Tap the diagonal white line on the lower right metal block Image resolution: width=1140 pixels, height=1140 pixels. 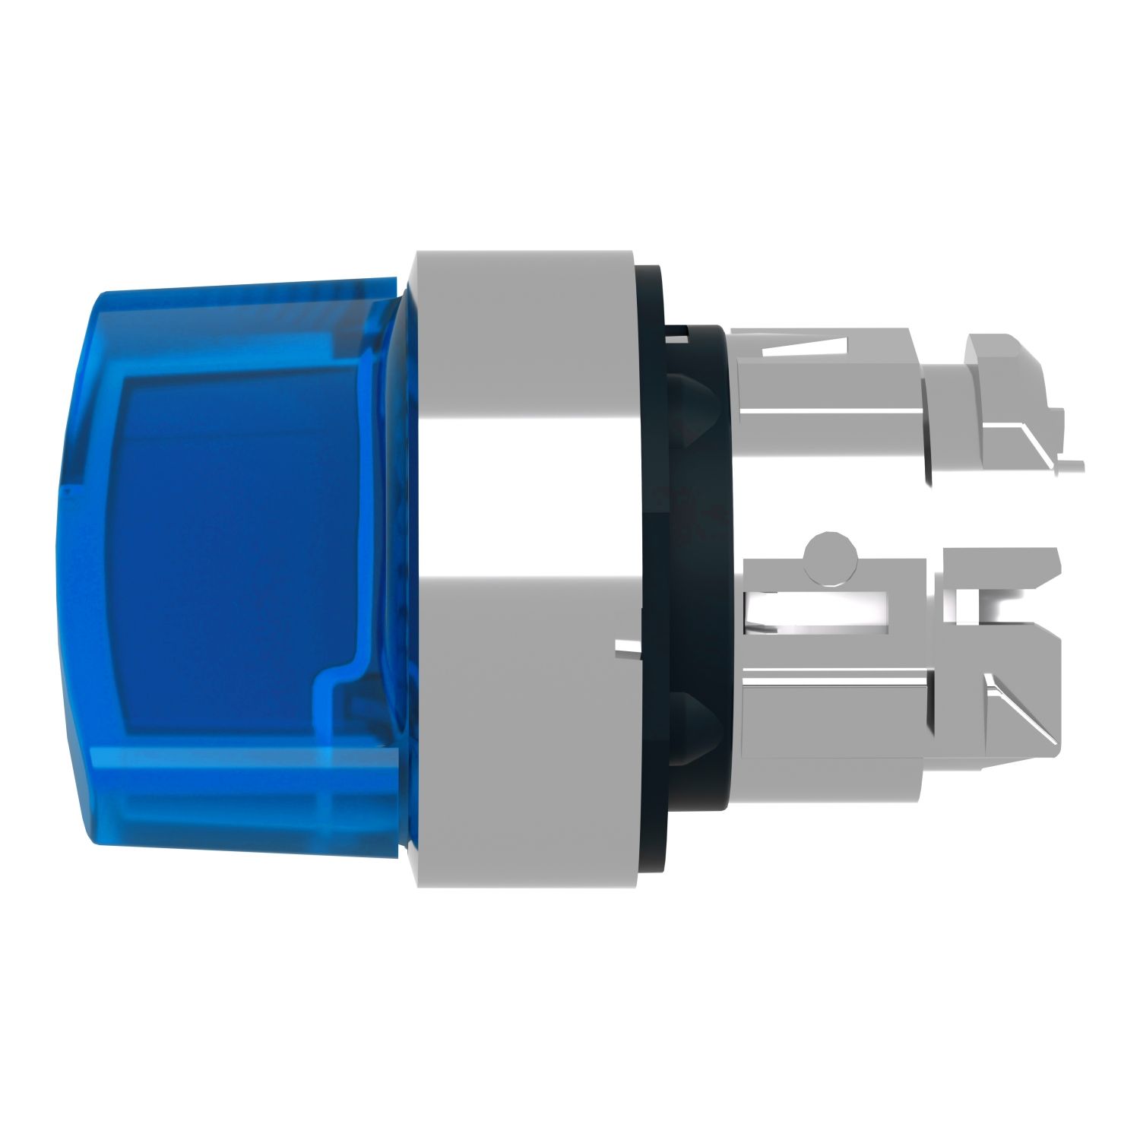1018,707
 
